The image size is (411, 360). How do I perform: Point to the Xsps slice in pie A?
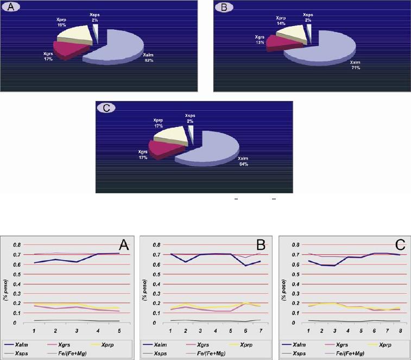pos(95,34)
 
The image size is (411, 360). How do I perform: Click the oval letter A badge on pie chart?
pos(11,9)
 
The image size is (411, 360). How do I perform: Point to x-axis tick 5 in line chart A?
pos(118,330)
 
